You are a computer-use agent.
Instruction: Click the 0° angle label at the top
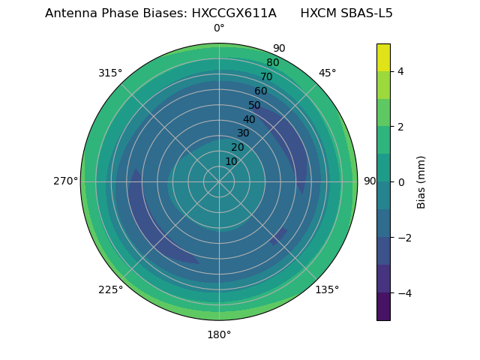pyautogui.click(x=219, y=28)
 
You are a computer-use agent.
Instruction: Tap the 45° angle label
pyautogui.click(x=327, y=73)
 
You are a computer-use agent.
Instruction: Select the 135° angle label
pyautogui.click(x=327, y=289)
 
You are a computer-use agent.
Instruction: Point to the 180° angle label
pyautogui.click(x=219, y=334)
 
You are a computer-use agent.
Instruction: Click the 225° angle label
pyautogui.click(x=110, y=289)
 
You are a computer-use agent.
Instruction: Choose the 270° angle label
pyautogui.click(x=65, y=181)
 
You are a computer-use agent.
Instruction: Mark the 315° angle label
pyautogui.click(x=110, y=73)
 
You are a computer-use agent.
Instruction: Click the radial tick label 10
pyautogui.click(x=231, y=161)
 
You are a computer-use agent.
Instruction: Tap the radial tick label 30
pyautogui.click(x=243, y=133)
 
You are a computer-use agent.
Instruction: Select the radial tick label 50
pyautogui.click(x=255, y=105)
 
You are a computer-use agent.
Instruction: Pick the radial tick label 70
pyautogui.click(x=266, y=77)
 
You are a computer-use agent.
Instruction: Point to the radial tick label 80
pyautogui.click(x=272, y=63)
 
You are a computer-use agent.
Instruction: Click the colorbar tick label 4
pyautogui.click(x=400, y=71)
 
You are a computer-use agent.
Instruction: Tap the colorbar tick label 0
pyautogui.click(x=400, y=181)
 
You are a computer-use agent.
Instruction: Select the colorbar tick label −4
pyautogui.click(x=403, y=292)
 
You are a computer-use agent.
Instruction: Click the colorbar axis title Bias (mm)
pyautogui.click(x=421, y=181)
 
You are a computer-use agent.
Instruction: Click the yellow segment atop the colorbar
pyautogui.click(x=383, y=57)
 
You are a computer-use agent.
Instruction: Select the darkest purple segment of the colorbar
pyautogui.click(x=383, y=306)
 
